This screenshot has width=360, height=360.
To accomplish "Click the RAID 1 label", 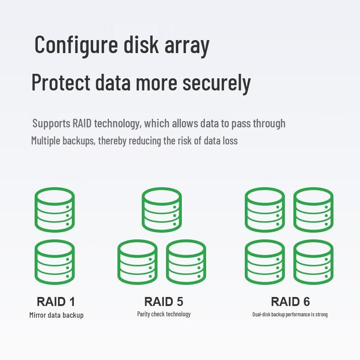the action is point(56,301).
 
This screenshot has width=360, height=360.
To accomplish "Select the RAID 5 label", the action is point(163,301).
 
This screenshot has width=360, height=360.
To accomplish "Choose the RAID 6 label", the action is point(290,301).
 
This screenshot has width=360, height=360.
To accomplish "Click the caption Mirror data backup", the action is point(56,315).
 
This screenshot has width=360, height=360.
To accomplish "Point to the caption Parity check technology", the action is point(164,314).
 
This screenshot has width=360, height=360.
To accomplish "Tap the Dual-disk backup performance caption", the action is point(290,314).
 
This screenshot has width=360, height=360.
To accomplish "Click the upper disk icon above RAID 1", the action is point(54,210).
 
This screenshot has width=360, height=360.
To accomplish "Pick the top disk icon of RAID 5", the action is point(162,210).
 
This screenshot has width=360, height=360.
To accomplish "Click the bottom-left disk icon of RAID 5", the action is point(137,262).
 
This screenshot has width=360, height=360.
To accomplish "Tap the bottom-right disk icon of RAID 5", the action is point(186,262).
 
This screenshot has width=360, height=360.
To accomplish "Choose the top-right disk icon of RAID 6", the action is point(313,210).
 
